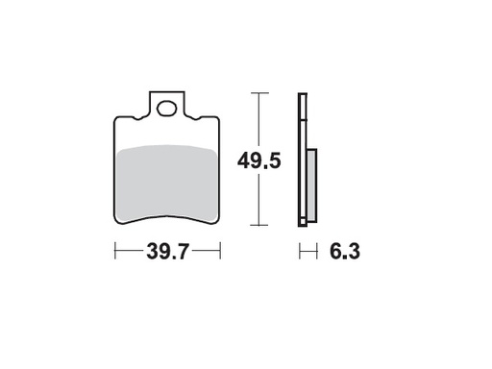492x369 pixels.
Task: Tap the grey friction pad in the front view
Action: [x=167, y=183]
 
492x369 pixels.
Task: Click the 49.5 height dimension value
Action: [x=258, y=161]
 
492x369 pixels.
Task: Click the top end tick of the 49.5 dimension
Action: [x=258, y=92]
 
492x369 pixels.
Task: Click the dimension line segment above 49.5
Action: [x=258, y=120]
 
